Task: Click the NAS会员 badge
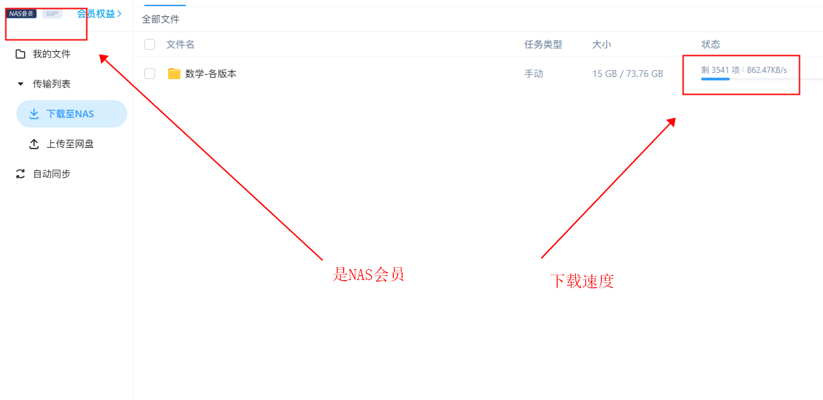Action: [22, 14]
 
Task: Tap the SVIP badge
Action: [52, 14]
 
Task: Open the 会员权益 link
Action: [99, 14]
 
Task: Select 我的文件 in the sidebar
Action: [51, 54]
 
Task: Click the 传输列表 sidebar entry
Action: [51, 84]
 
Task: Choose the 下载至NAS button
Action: [70, 114]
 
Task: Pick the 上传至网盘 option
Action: [70, 144]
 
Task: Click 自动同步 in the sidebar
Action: [51, 174]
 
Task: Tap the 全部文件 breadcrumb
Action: [161, 19]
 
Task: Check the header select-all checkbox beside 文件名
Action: [150, 44]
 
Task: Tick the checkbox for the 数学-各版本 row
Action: [150, 74]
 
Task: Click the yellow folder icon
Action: [174, 74]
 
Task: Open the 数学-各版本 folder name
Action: [211, 74]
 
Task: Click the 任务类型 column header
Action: [543, 44]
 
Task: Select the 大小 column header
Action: [602, 44]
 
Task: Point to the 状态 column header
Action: [711, 44]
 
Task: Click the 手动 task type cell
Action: [534, 74]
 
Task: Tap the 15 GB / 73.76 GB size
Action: [628, 74]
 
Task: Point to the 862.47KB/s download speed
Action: [767, 70]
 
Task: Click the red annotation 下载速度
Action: [582, 281]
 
